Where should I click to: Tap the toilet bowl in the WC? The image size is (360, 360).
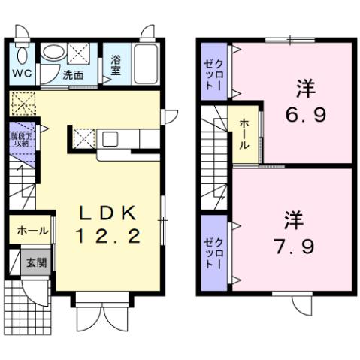(23, 54)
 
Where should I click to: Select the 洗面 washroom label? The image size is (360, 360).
(73, 75)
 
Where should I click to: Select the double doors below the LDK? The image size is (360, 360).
(107, 316)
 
